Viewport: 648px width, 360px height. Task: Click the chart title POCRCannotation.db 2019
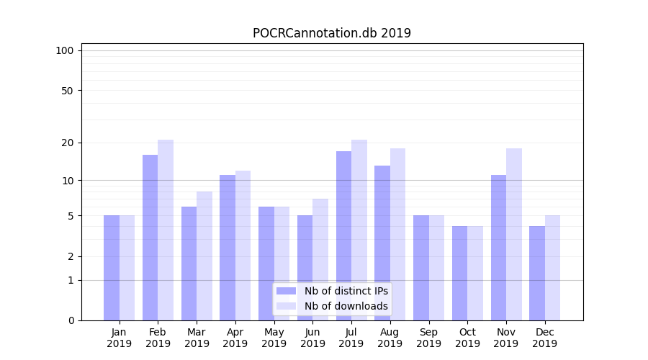pos(332,33)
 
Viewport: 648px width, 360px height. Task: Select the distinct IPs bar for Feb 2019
pos(150,238)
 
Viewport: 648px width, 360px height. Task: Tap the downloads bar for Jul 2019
pos(359,230)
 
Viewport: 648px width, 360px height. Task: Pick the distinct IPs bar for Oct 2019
pos(459,273)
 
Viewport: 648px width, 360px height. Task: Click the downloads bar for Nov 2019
pos(514,234)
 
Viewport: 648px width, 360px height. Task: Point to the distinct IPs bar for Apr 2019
pos(228,248)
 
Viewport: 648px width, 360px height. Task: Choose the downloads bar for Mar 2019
pos(204,256)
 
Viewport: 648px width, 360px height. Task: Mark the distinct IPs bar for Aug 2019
pos(382,243)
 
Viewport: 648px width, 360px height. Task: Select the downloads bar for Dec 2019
pos(552,268)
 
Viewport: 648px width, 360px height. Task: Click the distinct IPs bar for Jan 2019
pos(112,268)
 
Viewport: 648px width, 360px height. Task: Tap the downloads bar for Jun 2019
pos(320,259)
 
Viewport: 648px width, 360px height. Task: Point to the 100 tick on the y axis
pos(65,50)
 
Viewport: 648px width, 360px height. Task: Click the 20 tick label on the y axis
pos(68,143)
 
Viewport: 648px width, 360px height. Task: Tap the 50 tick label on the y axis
pos(68,91)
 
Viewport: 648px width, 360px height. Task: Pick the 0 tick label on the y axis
pos(71,320)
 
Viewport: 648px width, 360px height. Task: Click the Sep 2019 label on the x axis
pos(428,338)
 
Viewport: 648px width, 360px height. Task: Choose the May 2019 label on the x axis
pos(274,338)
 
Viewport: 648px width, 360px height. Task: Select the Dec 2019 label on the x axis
pos(544,338)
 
